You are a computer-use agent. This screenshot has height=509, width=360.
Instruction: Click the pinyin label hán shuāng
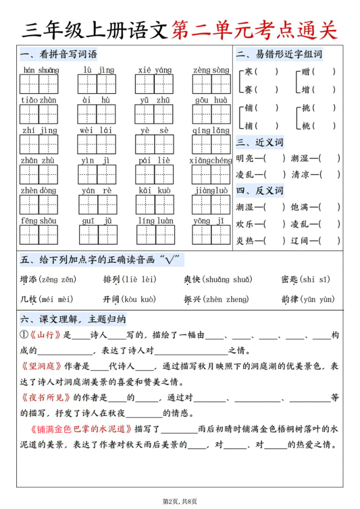[40, 70]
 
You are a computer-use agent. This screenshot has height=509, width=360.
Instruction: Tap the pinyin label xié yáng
[154, 70]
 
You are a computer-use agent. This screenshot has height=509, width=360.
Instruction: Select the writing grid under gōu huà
[211, 113]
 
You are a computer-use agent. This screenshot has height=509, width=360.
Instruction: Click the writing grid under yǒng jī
[211, 234]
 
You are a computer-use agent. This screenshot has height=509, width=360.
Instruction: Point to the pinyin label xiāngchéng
[211, 160]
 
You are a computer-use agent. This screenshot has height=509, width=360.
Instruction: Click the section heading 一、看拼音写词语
[59, 55]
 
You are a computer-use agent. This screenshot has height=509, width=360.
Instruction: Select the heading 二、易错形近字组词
[279, 55]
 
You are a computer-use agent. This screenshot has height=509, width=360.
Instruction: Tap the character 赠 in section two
[306, 72]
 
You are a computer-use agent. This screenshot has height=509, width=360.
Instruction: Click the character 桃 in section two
[306, 126]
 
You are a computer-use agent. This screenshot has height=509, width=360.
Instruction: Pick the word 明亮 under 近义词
[244, 158]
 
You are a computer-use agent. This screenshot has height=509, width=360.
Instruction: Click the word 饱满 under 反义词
[299, 207]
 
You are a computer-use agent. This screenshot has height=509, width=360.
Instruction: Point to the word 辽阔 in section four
[299, 241]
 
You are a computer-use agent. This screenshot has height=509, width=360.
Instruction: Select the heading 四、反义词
[260, 191]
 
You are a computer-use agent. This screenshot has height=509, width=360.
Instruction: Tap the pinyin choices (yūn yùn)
[316, 299]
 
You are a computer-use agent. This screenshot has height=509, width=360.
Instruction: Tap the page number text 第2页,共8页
[180, 501]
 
